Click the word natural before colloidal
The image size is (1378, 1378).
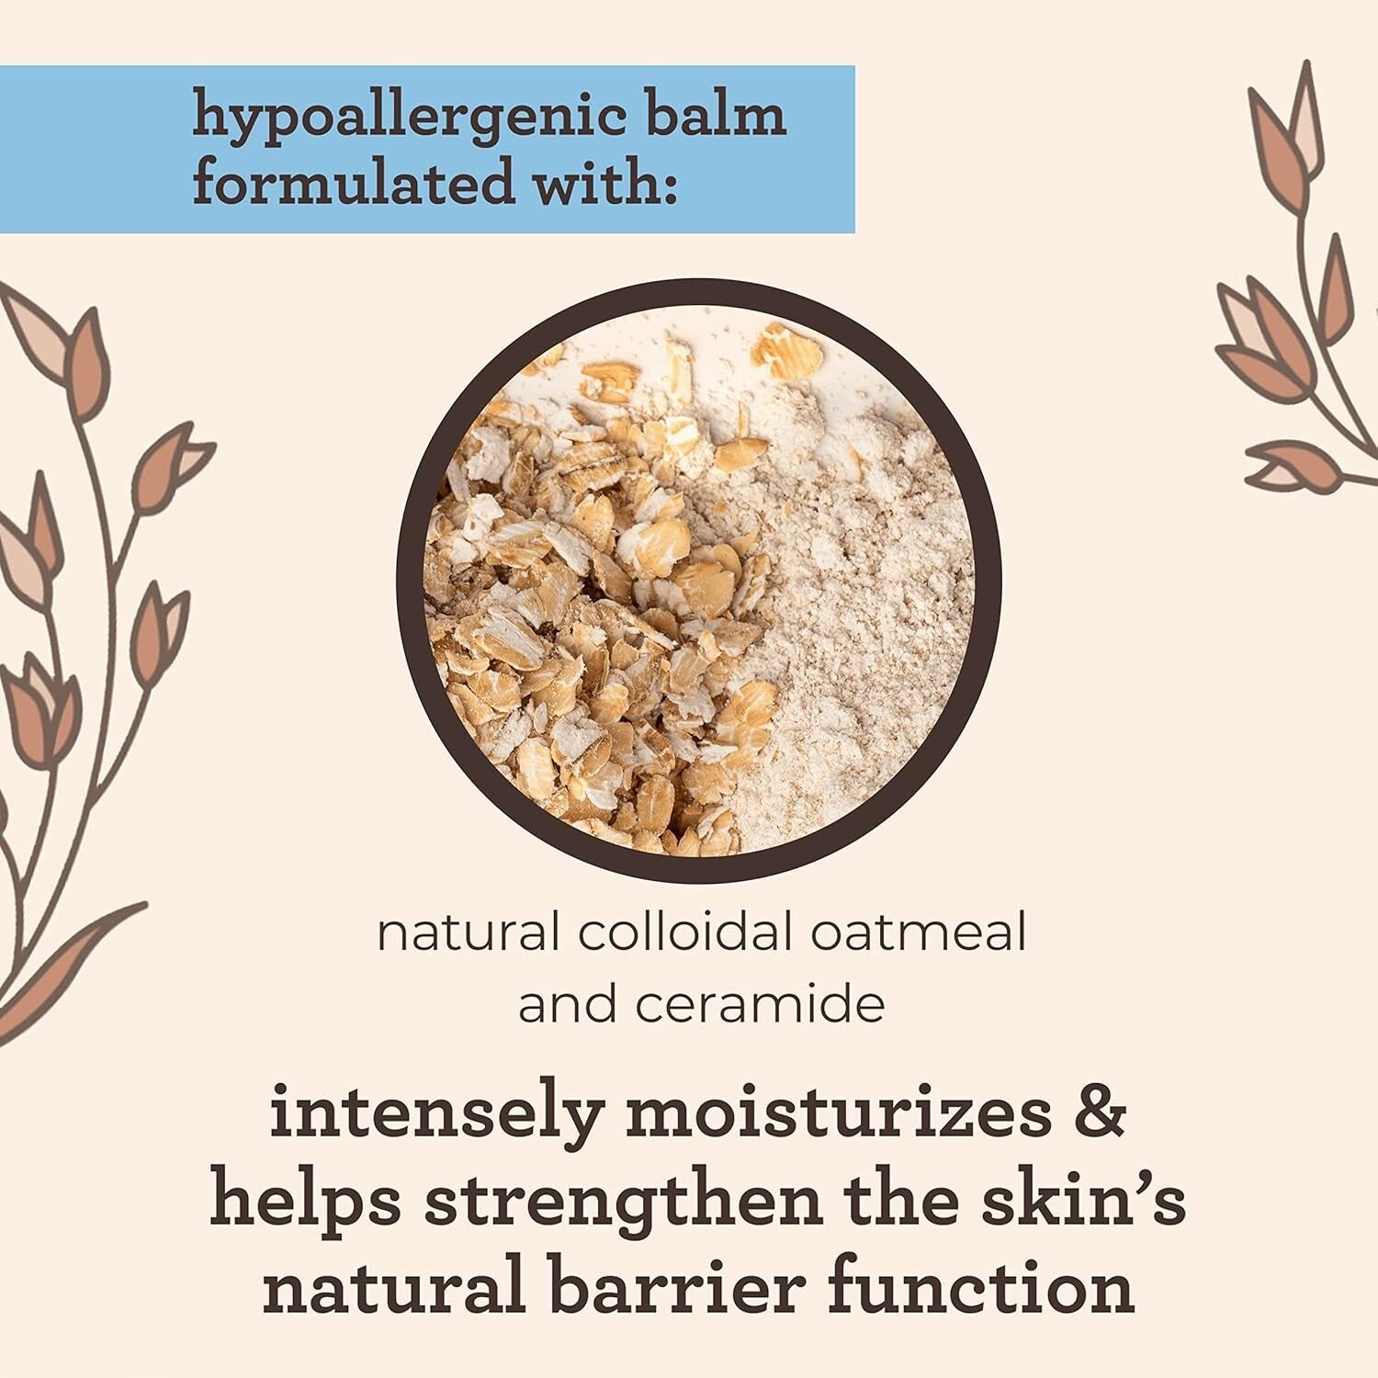(x=468, y=933)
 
